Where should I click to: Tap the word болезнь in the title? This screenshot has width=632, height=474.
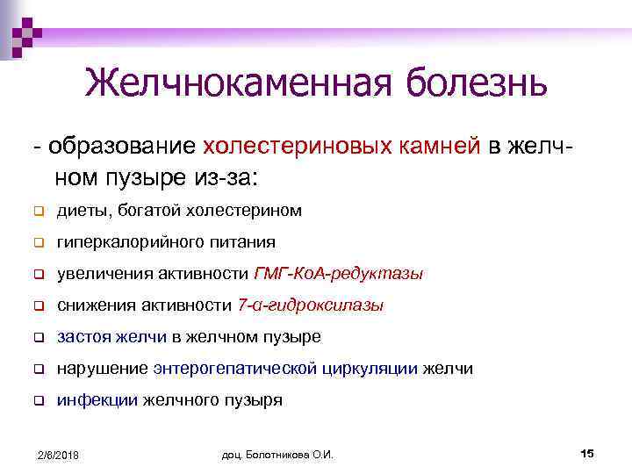[475, 83]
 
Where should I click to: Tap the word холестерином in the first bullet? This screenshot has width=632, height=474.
[249, 211]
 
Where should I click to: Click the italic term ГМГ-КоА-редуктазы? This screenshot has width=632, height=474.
[338, 274]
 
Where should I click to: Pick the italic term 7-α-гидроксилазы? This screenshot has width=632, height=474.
[310, 305]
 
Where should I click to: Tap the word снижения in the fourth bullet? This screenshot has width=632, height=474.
[99, 305]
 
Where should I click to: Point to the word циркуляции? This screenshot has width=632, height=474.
[369, 369]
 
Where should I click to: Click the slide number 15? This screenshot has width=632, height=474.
[587, 453]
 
